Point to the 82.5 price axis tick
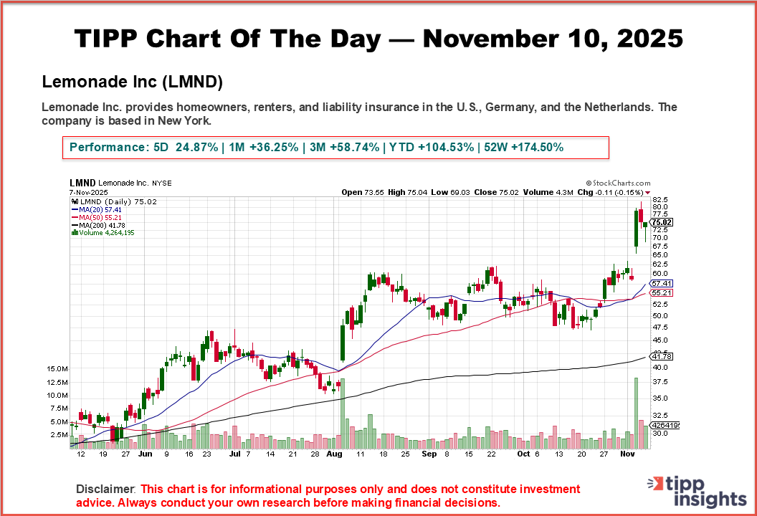point(660,199)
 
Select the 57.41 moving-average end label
point(661,284)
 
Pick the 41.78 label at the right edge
point(661,356)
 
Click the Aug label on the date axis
point(334,454)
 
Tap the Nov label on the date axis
point(628,454)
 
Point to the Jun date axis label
point(145,454)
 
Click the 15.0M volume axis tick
point(57,368)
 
